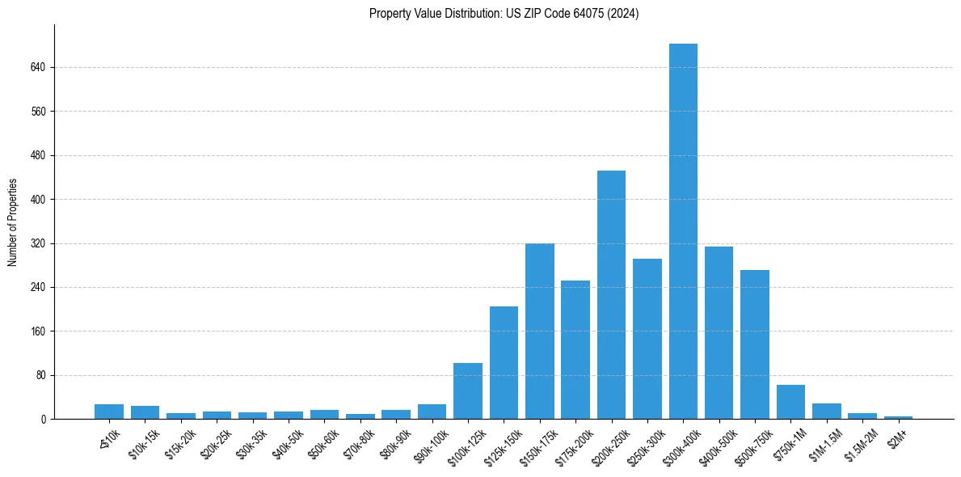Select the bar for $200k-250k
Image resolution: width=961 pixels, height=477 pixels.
[x=611, y=295]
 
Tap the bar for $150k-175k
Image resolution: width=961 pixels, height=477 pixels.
[x=540, y=331]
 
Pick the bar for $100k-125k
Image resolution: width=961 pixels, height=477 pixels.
[x=468, y=391]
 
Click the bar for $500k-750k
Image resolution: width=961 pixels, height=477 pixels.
[x=755, y=344]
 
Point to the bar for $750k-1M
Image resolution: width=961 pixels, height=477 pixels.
[x=790, y=402]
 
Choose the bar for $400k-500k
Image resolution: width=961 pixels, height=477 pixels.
[x=719, y=333]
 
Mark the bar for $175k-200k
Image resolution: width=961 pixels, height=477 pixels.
[x=575, y=350]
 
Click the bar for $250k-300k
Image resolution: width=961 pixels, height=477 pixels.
[x=647, y=339]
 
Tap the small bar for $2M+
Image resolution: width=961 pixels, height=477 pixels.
[x=898, y=417]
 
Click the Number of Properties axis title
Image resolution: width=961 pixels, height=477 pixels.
[x=12, y=222]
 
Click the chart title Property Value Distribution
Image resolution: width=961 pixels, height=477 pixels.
[x=504, y=14]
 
